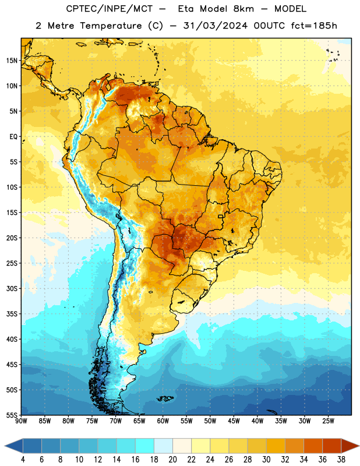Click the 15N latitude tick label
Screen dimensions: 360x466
click(x=12, y=61)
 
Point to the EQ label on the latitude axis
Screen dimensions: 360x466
click(x=13, y=137)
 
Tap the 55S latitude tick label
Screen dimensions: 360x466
click(x=12, y=415)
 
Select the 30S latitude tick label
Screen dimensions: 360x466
click(x=12, y=288)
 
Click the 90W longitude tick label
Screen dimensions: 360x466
click(x=21, y=421)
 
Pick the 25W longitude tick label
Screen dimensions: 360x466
click(x=328, y=421)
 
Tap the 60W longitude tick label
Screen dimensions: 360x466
click(x=163, y=421)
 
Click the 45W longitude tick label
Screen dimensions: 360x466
click(x=234, y=421)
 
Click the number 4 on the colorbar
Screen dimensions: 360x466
click(x=23, y=460)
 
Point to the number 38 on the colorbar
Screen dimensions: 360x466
click(x=341, y=460)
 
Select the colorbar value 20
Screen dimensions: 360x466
click(x=172, y=460)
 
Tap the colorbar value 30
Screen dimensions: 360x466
click(x=266, y=460)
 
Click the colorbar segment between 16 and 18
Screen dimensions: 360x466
click(x=144, y=446)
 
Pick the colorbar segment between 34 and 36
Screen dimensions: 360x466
click(x=313, y=446)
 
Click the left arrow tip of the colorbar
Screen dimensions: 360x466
click(x=5, y=446)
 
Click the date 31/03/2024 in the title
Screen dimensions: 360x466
click(x=215, y=26)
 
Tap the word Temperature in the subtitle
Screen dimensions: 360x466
click(x=111, y=26)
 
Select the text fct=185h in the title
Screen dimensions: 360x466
click(x=314, y=26)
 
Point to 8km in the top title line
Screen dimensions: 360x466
click(x=243, y=9)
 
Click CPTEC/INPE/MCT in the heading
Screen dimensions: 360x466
click(x=109, y=9)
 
